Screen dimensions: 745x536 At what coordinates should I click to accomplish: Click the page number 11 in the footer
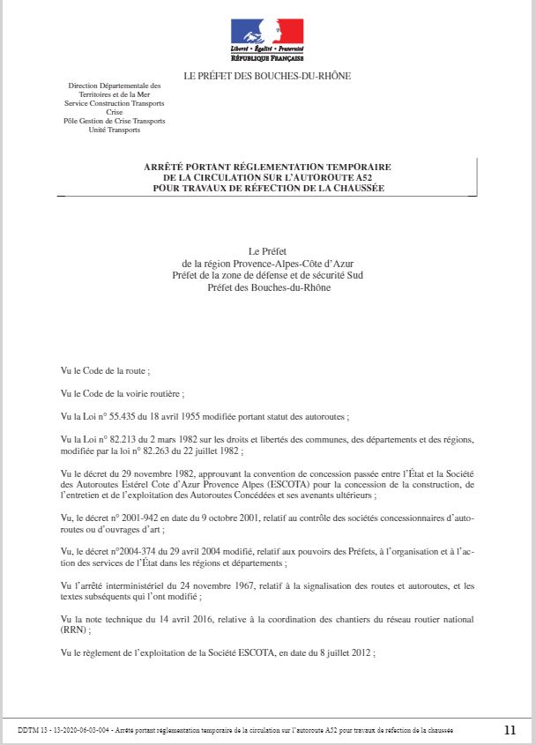click(510, 730)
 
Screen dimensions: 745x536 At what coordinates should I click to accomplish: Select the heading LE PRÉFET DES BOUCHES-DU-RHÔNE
click(266, 77)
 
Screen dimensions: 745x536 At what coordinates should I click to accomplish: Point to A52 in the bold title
click(379, 177)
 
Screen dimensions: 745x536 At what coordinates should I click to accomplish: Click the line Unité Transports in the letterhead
click(115, 130)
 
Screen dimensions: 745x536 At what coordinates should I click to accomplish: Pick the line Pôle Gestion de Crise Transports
click(115, 121)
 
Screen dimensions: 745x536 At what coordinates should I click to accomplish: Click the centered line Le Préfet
click(268, 252)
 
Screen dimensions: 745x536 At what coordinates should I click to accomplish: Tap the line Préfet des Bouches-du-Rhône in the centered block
click(268, 287)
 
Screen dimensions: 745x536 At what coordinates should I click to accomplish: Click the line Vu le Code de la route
click(105, 371)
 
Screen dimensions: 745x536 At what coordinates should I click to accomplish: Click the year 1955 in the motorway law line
click(208, 416)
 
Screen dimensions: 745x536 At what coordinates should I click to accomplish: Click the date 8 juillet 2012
click(344, 653)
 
